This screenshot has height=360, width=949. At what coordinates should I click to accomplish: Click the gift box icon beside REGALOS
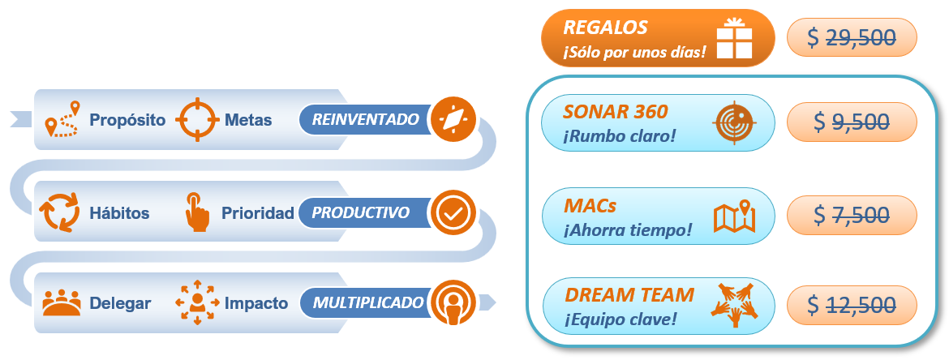click(735, 37)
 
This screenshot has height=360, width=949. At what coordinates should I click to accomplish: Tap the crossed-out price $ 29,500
click(852, 37)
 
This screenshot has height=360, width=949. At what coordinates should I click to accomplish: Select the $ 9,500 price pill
click(852, 122)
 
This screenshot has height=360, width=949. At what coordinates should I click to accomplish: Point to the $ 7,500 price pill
click(852, 214)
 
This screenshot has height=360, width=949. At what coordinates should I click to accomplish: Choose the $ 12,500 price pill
click(852, 305)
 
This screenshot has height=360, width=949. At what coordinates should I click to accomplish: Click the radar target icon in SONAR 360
click(733, 123)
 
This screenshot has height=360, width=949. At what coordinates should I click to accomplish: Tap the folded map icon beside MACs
click(734, 216)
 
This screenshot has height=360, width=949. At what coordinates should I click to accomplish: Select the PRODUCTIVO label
click(362, 212)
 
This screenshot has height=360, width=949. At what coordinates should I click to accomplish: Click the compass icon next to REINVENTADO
click(451, 119)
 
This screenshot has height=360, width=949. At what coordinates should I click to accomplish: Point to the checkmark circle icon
click(451, 212)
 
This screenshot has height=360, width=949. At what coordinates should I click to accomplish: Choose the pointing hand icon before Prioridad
click(195, 212)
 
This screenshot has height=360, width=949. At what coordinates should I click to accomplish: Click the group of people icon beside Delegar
click(62, 303)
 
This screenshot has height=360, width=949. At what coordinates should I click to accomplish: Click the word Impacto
click(256, 303)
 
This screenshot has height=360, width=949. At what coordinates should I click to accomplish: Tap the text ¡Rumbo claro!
click(620, 135)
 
